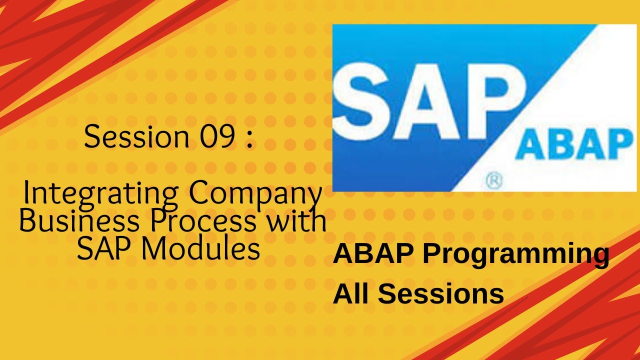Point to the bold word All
pyautogui.click(x=351, y=293)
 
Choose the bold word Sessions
pyautogui.click(x=440, y=293)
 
